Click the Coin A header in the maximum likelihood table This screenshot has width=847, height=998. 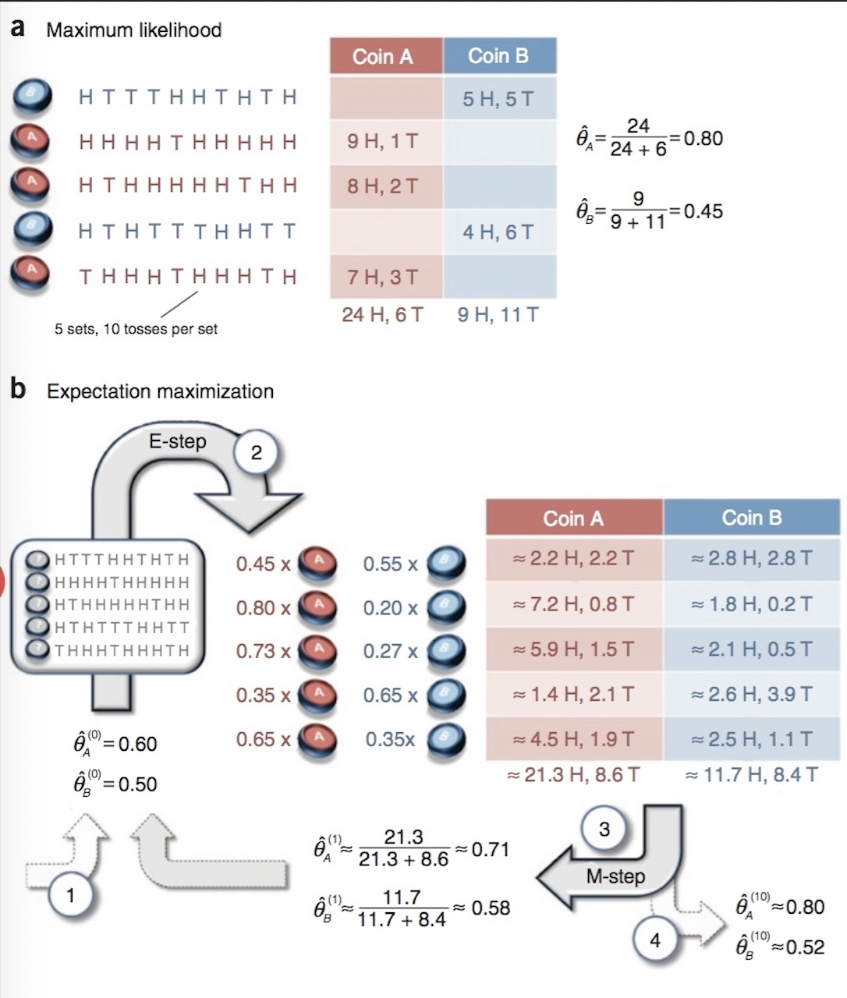[383, 56]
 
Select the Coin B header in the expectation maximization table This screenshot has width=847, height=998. [751, 518]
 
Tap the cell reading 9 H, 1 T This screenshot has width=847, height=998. [383, 141]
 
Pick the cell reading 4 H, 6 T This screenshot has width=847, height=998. [498, 232]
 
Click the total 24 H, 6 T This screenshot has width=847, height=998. [382, 314]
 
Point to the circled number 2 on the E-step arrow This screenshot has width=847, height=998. [257, 452]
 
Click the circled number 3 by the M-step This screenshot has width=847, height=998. [604, 829]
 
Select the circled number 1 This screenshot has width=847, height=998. [70, 895]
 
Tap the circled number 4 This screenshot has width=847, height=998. [655, 940]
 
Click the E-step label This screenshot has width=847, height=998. [178, 441]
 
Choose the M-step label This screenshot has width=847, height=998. [616, 876]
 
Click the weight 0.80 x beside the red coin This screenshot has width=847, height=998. [263, 607]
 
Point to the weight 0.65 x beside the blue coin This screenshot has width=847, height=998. [391, 695]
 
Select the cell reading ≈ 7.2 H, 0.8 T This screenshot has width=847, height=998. [573, 604]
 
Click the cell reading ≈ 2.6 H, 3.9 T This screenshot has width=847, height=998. [751, 694]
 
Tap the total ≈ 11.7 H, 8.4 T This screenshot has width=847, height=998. [752, 775]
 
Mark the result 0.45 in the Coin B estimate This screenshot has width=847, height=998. [703, 211]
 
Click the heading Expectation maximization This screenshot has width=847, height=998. [160, 391]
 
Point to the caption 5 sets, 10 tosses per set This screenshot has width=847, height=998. [136, 329]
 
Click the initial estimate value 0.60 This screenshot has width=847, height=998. [137, 744]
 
